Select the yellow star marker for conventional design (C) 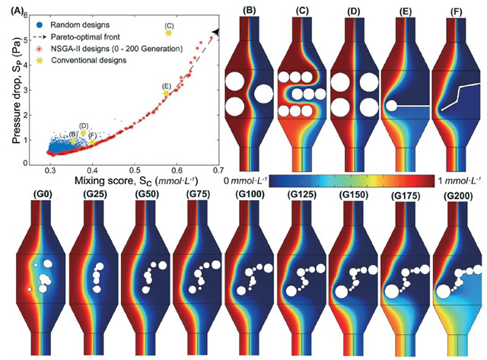[x=168, y=33]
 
